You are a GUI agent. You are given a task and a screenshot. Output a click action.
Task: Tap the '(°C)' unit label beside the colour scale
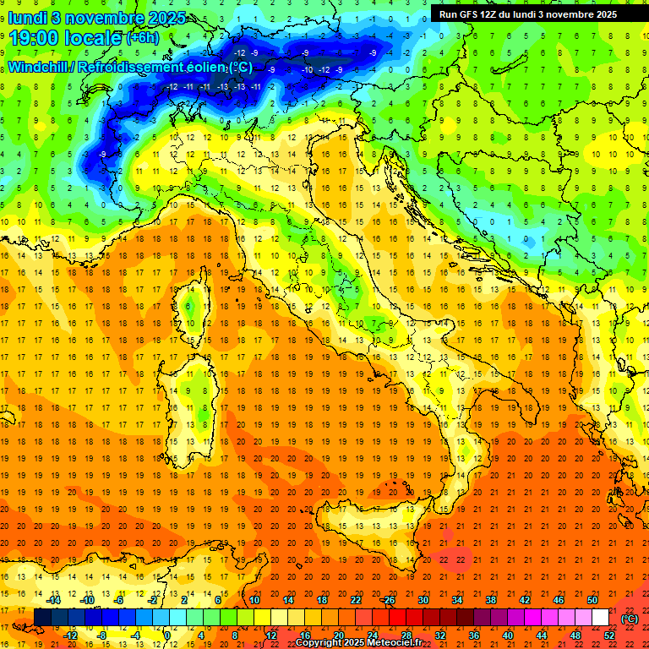[x=630, y=619]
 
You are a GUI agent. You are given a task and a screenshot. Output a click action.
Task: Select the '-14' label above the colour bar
[x=54, y=600]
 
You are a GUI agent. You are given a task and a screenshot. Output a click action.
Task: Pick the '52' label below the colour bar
[x=609, y=635]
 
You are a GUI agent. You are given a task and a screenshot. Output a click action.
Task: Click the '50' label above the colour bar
[x=592, y=600]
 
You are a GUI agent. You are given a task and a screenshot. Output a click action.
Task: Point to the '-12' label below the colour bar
[x=71, y=635]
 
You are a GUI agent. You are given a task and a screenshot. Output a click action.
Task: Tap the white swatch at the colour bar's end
[x=601, y=618]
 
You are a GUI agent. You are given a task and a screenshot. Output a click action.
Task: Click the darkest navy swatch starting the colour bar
[x=42, y=618]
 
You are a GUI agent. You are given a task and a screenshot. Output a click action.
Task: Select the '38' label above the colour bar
[x=491, y=600]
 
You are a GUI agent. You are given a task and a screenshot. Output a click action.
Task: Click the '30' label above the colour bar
[x=423, y=600]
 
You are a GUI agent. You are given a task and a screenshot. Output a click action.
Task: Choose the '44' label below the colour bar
[x=542, y=635]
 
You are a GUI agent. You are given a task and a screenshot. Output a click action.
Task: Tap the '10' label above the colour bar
[x=254, y=600]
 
